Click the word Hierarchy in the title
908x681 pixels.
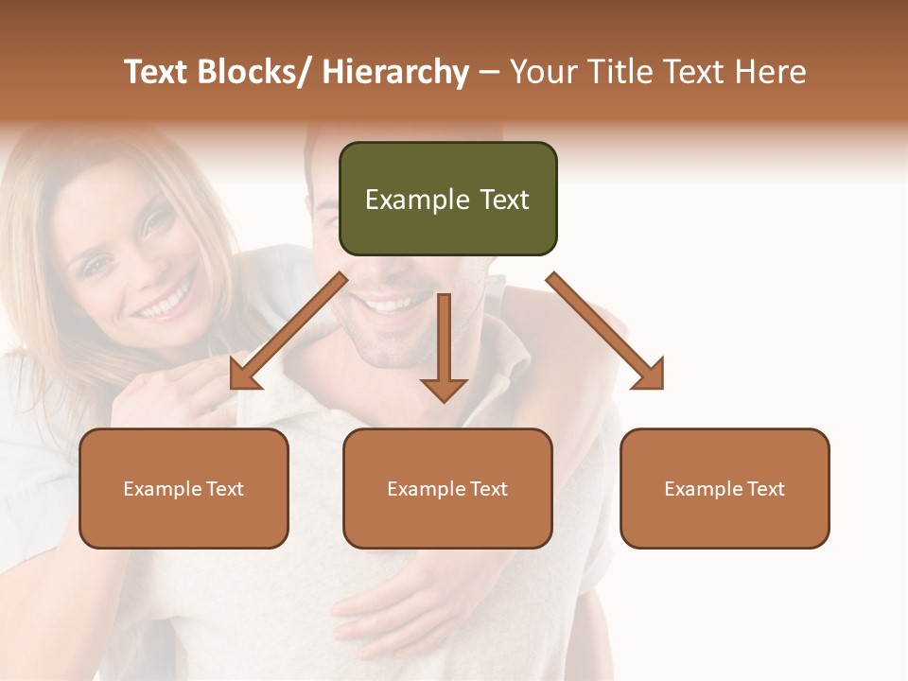pos(395,72)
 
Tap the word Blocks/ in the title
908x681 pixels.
pos(257,72)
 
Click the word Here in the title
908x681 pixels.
pos(771,72)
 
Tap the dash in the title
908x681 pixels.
pos(489,73)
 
